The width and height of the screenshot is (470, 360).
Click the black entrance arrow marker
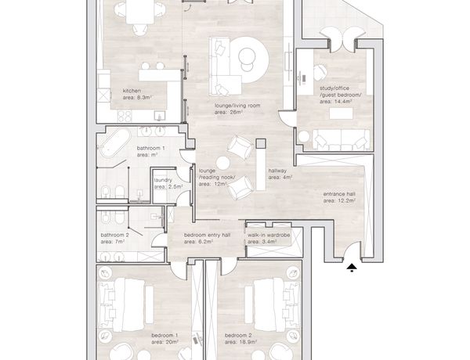[352, 268]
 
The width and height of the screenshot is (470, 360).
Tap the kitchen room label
[132, 91]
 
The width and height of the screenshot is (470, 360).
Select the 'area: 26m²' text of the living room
[229, 113]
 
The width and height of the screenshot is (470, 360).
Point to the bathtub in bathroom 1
[115, 142]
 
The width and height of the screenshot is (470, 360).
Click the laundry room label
[163, 180]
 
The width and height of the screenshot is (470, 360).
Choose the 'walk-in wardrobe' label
[269, 235]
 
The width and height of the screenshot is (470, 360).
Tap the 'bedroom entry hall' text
[207, 235]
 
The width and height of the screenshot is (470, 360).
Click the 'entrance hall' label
[339, 194]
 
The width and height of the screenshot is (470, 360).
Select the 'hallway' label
[277, 171]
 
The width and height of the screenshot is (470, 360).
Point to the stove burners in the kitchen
[125, 116]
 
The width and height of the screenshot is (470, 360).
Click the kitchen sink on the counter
[160, 115]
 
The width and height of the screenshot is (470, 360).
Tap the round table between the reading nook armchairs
[223, 164]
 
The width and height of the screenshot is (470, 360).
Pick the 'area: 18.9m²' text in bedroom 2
[240, 342]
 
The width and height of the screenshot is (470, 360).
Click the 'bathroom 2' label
[115, 235]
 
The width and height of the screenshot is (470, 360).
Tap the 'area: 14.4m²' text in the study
[336, 102]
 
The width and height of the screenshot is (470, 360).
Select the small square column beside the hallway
[261, 143]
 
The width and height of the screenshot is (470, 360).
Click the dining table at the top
[140, 12]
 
